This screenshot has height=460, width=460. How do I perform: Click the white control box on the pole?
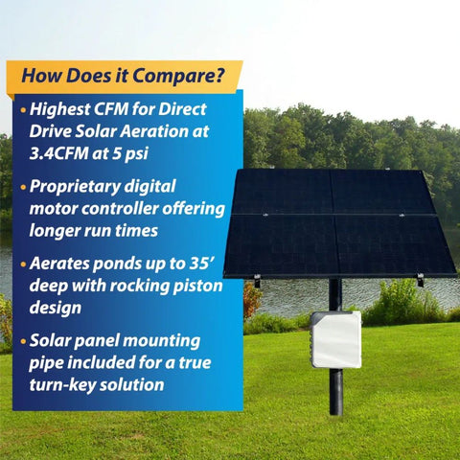click(335, 339)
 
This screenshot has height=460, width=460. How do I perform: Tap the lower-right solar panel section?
click(395, 245)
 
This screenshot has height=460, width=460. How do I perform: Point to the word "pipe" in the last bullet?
click(47, 362)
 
